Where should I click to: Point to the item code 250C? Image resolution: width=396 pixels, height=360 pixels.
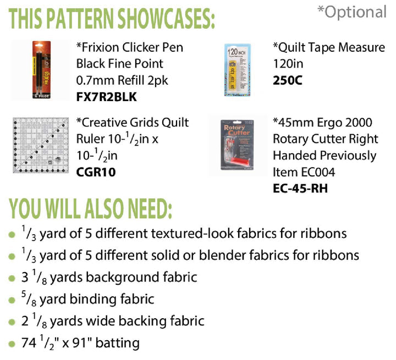point(287,81)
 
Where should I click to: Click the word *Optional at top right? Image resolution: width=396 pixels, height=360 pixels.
point(353,12)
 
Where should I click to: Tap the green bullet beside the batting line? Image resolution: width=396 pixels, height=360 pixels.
point(12,345)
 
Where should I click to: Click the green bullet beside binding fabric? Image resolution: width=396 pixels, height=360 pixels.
point(12,301)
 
